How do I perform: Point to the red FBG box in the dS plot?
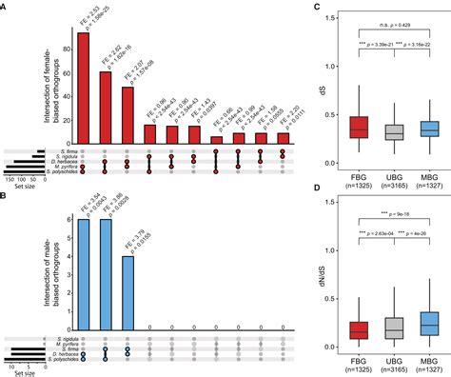click(x=330, y=127)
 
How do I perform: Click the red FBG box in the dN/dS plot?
click(x=330, y=329)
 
